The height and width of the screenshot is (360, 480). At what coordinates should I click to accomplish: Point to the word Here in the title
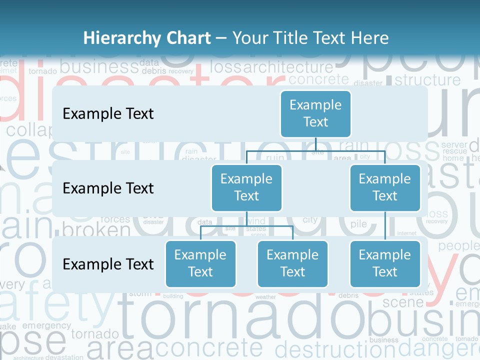click(x=370, y=38)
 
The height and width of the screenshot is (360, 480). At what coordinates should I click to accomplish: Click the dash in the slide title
click(x=221, y=38)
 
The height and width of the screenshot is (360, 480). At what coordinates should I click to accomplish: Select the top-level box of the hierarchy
click(x=315, y=113)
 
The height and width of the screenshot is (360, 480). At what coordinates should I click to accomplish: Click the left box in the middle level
click(x=246, y=187)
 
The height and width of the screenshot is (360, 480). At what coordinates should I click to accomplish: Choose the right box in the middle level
click(x=385, y=187)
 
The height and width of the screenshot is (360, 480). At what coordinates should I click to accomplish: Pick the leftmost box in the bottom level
click(x=200, y=263)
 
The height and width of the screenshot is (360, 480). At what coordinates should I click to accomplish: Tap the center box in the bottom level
click(x=292, y=263)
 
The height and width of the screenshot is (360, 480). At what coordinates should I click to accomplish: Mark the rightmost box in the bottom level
click(x=385, y=263)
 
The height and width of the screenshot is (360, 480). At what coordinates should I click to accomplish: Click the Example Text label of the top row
click(x=108, y=114)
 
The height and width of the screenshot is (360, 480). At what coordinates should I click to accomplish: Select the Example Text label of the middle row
click(x=108, y=188)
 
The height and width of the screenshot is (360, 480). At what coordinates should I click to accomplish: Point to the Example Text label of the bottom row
click(x=108, y=264)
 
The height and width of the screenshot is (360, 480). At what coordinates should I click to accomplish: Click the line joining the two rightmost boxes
click(x=385, y=226)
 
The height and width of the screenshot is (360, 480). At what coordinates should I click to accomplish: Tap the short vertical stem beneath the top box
click(x=316, y=144)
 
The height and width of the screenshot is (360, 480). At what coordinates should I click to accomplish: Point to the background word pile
click(x=358, y=224)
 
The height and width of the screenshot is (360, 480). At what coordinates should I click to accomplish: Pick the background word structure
click(x=428, y=80)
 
